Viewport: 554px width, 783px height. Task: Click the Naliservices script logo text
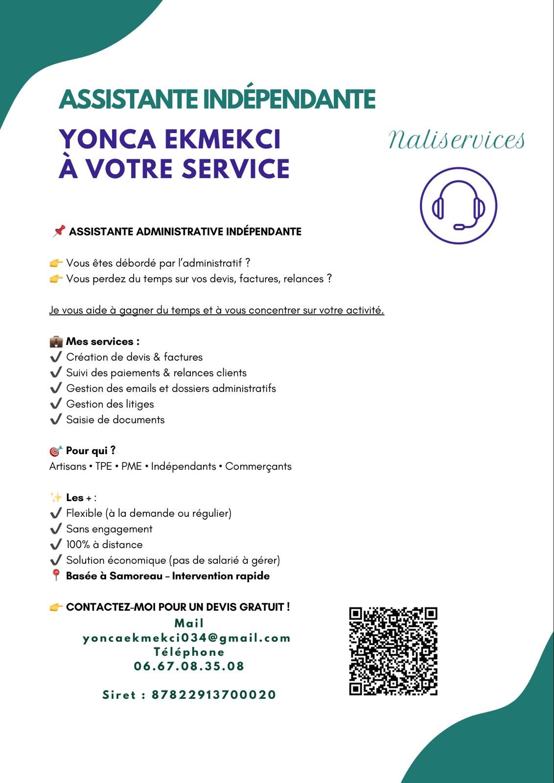coord(456,140)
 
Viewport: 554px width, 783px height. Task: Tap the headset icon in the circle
coord(459,206)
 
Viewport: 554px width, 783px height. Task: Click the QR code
coord(393,651)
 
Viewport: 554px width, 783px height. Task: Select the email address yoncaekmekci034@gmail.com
coord(187,638)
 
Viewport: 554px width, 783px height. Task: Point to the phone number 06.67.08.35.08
coord(189,666)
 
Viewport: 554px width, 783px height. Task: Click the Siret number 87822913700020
coord(214,695)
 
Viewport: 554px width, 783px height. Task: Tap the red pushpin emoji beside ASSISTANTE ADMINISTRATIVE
coord(59,231)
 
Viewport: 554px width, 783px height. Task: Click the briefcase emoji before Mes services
coord(56,342)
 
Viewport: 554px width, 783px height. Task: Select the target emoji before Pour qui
coord(56,451)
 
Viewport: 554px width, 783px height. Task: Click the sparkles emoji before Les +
coord(56,498)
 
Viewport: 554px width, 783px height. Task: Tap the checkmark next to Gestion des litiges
coord(56,404)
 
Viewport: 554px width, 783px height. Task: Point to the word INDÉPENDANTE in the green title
coord(289,99)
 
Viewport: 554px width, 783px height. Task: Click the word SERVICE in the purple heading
coord(235,169)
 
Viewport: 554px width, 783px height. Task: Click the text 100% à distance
coord(104,545)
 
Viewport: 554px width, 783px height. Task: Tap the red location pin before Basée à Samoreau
coord(56,576)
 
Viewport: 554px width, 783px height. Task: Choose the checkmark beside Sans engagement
coord(56,529)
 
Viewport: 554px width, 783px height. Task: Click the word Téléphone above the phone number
coord(189,652)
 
